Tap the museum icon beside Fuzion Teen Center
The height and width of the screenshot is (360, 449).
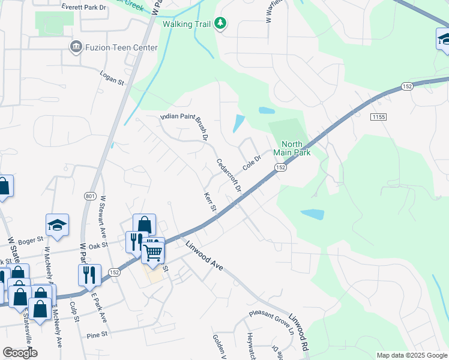pos(76,47)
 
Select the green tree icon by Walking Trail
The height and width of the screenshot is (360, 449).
pos(221,24)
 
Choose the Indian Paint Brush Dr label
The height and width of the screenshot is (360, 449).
pos(184,127)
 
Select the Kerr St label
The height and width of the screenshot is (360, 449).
pos(209,203)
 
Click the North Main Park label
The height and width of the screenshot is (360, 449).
pos(292,148)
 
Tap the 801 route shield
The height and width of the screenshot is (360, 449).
pos(90,196)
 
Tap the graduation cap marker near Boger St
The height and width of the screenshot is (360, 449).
pos(57,225)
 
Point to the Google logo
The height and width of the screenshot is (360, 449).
pos(20,353)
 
